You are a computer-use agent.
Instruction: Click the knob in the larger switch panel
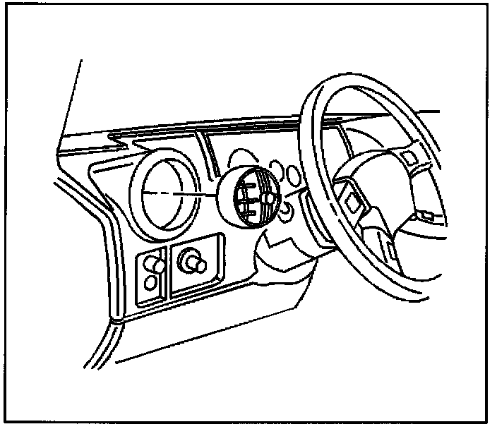pos(193,263)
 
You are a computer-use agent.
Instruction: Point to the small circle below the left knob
pos(150,283)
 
